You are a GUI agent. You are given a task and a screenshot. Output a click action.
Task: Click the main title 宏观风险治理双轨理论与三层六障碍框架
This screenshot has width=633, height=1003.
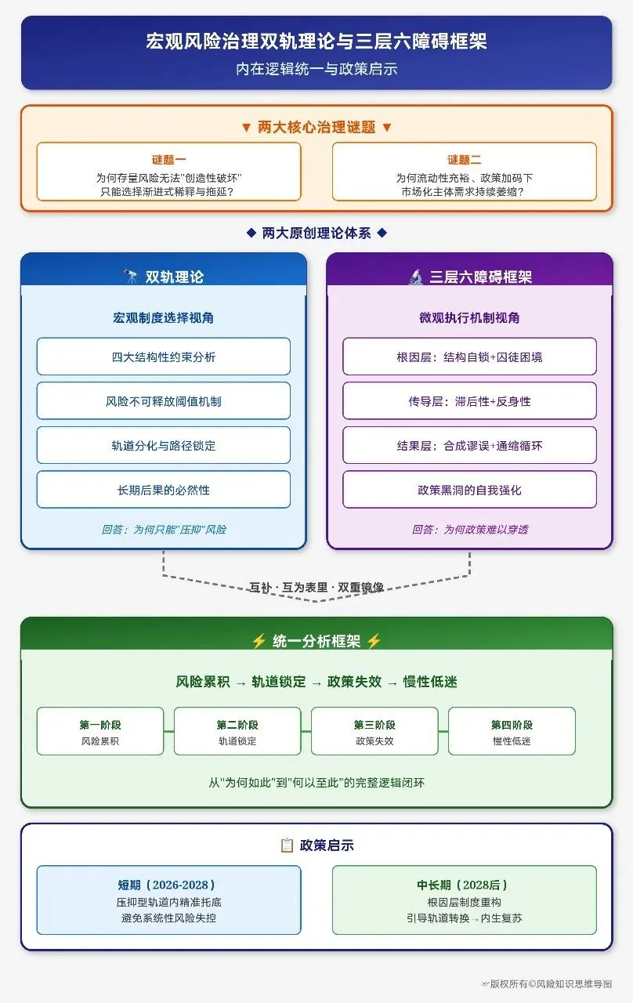pyautogui.click(x=316, y=42)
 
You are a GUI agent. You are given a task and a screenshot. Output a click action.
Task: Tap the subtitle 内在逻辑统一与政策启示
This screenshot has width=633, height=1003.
pyautogui.click(x=316, y=69)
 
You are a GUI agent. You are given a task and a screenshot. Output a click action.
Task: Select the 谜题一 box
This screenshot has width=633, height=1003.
pyautogui.click(x=168, y=172)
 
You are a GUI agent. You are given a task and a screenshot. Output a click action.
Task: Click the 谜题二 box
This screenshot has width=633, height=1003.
pyautogui.click(x=464, y=172)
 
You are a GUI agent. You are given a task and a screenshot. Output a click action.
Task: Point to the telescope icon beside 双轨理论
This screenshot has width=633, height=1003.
pyautogui.click(x=132, y=277)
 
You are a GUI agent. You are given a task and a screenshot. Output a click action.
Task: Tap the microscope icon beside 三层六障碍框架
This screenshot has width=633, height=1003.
pyautogui.click(x=416, y=277)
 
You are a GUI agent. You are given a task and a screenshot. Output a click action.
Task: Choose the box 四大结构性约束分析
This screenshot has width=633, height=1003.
pyautogui.click(x=164, y=357)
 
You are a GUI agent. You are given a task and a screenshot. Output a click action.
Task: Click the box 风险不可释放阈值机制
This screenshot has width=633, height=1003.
pyautogui.click(x=164, y=401)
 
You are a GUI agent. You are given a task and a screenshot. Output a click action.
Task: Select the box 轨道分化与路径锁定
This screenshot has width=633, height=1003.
pyautogui.click(x=164, y=445)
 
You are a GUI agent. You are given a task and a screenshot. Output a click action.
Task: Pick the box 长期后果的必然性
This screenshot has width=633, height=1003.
pyautogui.click(x=164, y=490)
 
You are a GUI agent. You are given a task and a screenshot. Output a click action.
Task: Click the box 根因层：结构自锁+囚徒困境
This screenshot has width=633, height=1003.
pyautogui.click(x=469, y=357)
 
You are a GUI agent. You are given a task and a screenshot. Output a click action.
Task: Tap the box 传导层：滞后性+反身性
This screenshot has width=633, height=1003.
pyautogui.click(x=469, y=401)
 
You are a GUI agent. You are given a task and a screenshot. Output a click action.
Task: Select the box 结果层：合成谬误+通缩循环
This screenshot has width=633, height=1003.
pyautogui.click(x=469, y=445)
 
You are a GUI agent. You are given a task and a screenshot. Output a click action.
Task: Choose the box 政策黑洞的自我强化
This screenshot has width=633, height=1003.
pyautogui.click(x=469, y=490)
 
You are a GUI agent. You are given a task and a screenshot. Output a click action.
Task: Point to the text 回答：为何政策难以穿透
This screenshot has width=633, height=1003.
pyautogui.click(x=470, y=530)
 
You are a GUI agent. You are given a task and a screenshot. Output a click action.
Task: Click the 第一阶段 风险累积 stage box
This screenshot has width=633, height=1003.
pyautogui.click(x=100, y=732)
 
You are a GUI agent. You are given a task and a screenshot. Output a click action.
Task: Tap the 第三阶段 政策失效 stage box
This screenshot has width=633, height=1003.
pyautogui.click(x=374, y=732)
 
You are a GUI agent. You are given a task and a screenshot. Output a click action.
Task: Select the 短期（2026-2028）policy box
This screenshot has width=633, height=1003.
pyautogui.click(x=168, y=900)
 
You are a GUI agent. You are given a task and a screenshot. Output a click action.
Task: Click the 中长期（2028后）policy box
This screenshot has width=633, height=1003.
pyautogui.click(x=464, y=900)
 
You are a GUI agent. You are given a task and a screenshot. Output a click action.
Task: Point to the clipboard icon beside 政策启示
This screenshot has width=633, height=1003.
pyautogui.click(x=287, y=845)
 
